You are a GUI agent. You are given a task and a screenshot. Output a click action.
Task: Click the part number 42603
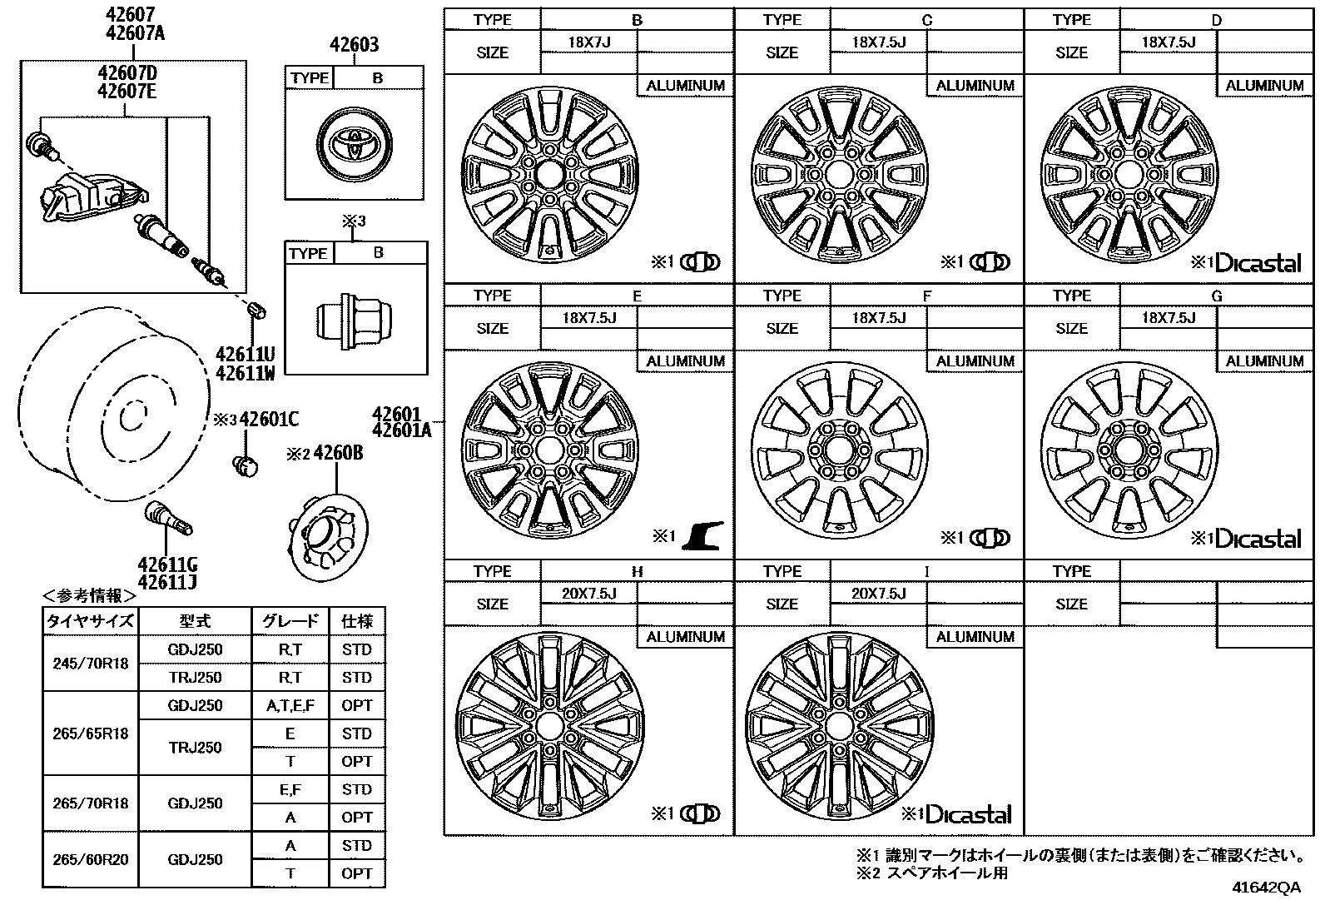[x=354, y=44]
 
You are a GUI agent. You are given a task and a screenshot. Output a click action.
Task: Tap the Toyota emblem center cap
[x=355, y=144]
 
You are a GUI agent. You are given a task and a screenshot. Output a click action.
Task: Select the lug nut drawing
[x=355, y=321]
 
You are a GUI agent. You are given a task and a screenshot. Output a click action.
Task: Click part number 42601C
[x=269, y=420]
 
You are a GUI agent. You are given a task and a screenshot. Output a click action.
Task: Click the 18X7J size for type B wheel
[x=588, y=42]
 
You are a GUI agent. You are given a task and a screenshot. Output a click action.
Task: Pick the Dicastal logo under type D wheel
[x=1258, y=263]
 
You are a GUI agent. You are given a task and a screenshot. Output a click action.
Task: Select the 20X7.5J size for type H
[x=588, y=593]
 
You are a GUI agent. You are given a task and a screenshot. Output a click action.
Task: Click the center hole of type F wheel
[x=839, y=451]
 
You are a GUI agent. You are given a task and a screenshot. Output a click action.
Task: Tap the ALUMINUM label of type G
[x=1264, y=361]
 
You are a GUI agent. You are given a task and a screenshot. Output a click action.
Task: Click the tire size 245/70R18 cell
[x=91, y=664]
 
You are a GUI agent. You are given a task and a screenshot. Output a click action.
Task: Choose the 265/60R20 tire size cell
[x=91, y=859]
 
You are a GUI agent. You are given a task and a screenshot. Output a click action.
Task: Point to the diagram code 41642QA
[x=1267, y=888]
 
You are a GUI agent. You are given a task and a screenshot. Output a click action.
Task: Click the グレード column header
[x=290, y=621]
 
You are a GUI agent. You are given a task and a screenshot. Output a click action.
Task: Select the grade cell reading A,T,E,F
[x=290, y=705]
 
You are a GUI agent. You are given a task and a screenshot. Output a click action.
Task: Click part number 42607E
[x=127, y=92]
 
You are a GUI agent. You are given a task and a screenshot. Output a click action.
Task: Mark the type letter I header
[x=926, y=572]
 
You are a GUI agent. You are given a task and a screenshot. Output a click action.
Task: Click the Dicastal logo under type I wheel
[x=969, y=815]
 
